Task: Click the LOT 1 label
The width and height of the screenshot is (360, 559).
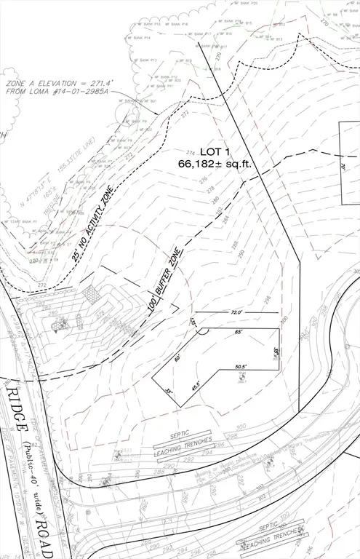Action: click(215, 151)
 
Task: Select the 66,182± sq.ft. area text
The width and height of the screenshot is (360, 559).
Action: click(215, 164)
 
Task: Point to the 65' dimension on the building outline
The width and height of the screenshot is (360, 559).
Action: click(238, 333)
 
